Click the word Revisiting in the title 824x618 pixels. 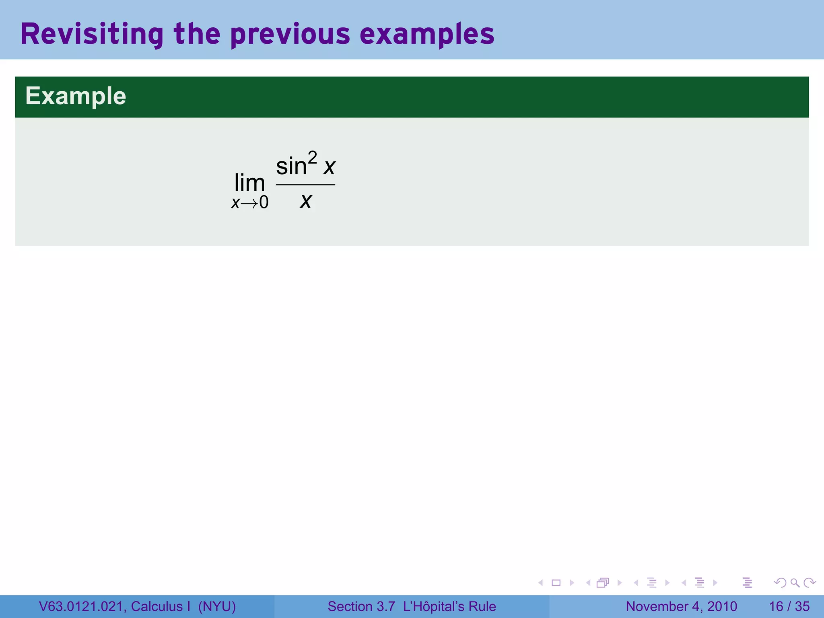tap(92, 34)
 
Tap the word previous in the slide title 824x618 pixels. tap(290, 34)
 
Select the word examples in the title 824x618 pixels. tap(427, 34)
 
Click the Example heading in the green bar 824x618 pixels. tap(76, 96)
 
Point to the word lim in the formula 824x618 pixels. tap(249, 183)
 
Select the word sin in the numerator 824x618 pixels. tap(291, 166)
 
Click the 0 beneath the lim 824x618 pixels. tap(264, 202)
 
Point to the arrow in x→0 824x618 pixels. tap(249, 203)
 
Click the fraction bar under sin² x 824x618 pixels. tap(305, 185)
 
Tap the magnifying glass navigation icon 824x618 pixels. tap(795, 583)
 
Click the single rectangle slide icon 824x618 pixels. tap(556, 583)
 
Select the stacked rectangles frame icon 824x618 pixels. tap(603, 583)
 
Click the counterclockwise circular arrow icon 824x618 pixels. tap(780, 583)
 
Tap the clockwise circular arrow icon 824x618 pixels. tap(810, 583)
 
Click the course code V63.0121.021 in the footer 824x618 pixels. tap(82, 606)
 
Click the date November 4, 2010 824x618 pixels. tap(681, 606)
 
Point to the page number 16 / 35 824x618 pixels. tap(789, 606)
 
